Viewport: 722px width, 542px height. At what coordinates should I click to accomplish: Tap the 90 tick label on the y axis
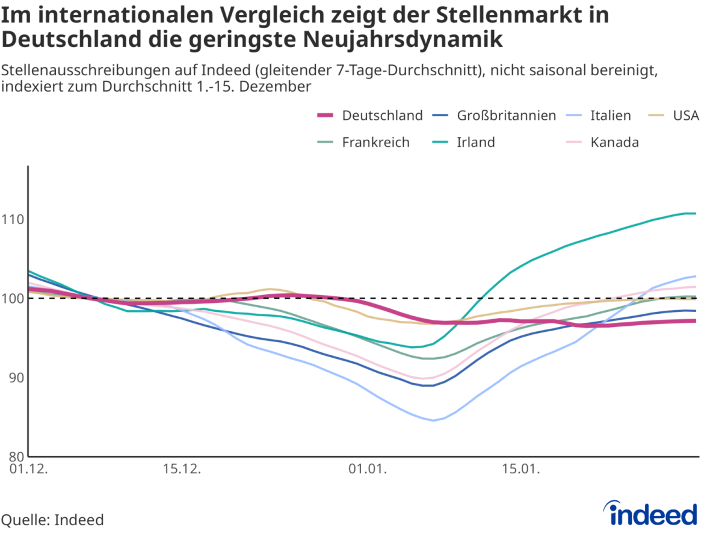tap(15, 378)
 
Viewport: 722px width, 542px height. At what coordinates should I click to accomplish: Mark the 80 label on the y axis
tap(15, 456)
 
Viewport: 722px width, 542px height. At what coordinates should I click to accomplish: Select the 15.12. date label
tap(182, 469)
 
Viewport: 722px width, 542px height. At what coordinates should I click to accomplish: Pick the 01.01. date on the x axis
tap(367, 469)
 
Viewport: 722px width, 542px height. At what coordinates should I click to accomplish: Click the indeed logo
tap(653, 513)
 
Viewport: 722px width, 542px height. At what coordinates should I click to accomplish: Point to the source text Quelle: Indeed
tap(53, 520)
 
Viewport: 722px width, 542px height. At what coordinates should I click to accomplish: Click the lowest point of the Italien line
tap(433, 420)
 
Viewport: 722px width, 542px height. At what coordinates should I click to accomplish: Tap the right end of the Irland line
tap(696, 213)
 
